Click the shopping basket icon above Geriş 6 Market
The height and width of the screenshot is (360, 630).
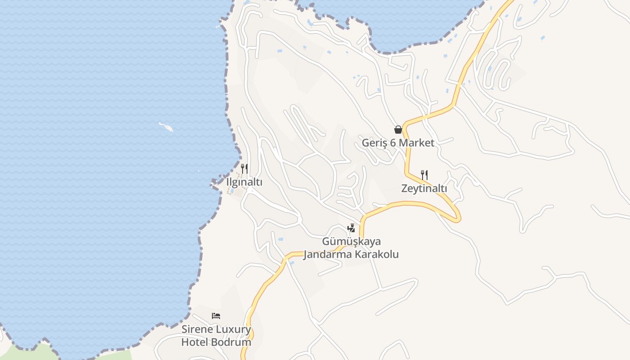[398, 130]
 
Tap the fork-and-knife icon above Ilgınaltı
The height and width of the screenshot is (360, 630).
[244, 169]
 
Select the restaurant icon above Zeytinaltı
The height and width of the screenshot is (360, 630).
[424, 175]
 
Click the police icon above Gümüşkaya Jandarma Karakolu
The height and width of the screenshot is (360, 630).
[351, 228]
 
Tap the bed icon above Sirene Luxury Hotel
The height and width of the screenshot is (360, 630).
[216, 316]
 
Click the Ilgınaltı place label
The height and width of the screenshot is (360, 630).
[244, 182]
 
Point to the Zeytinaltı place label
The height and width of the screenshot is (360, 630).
[424, 189]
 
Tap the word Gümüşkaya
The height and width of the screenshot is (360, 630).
[351, 242]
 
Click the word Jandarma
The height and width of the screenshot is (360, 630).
[328, 254]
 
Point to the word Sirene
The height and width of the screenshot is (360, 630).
[196, 329]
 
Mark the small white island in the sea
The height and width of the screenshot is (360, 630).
[166, 127]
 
